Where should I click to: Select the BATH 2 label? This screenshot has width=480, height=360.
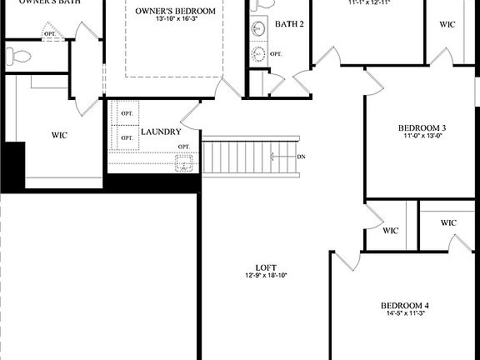289,24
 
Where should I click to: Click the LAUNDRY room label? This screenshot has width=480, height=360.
161,132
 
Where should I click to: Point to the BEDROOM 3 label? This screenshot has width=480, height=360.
422,127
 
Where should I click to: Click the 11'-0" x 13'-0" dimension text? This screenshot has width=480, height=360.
422,136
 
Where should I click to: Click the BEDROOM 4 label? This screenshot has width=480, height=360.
405,305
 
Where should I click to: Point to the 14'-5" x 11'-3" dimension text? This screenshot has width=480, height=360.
405,314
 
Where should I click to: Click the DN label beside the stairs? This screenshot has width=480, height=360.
302,157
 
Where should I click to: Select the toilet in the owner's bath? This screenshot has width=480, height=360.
17,57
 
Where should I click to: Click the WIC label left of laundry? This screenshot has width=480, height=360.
59,134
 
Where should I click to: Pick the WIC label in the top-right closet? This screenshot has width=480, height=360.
447,23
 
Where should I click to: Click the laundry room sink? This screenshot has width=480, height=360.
183,162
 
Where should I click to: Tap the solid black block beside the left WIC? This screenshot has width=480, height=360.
12,166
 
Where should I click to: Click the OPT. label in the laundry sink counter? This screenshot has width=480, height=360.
183,147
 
